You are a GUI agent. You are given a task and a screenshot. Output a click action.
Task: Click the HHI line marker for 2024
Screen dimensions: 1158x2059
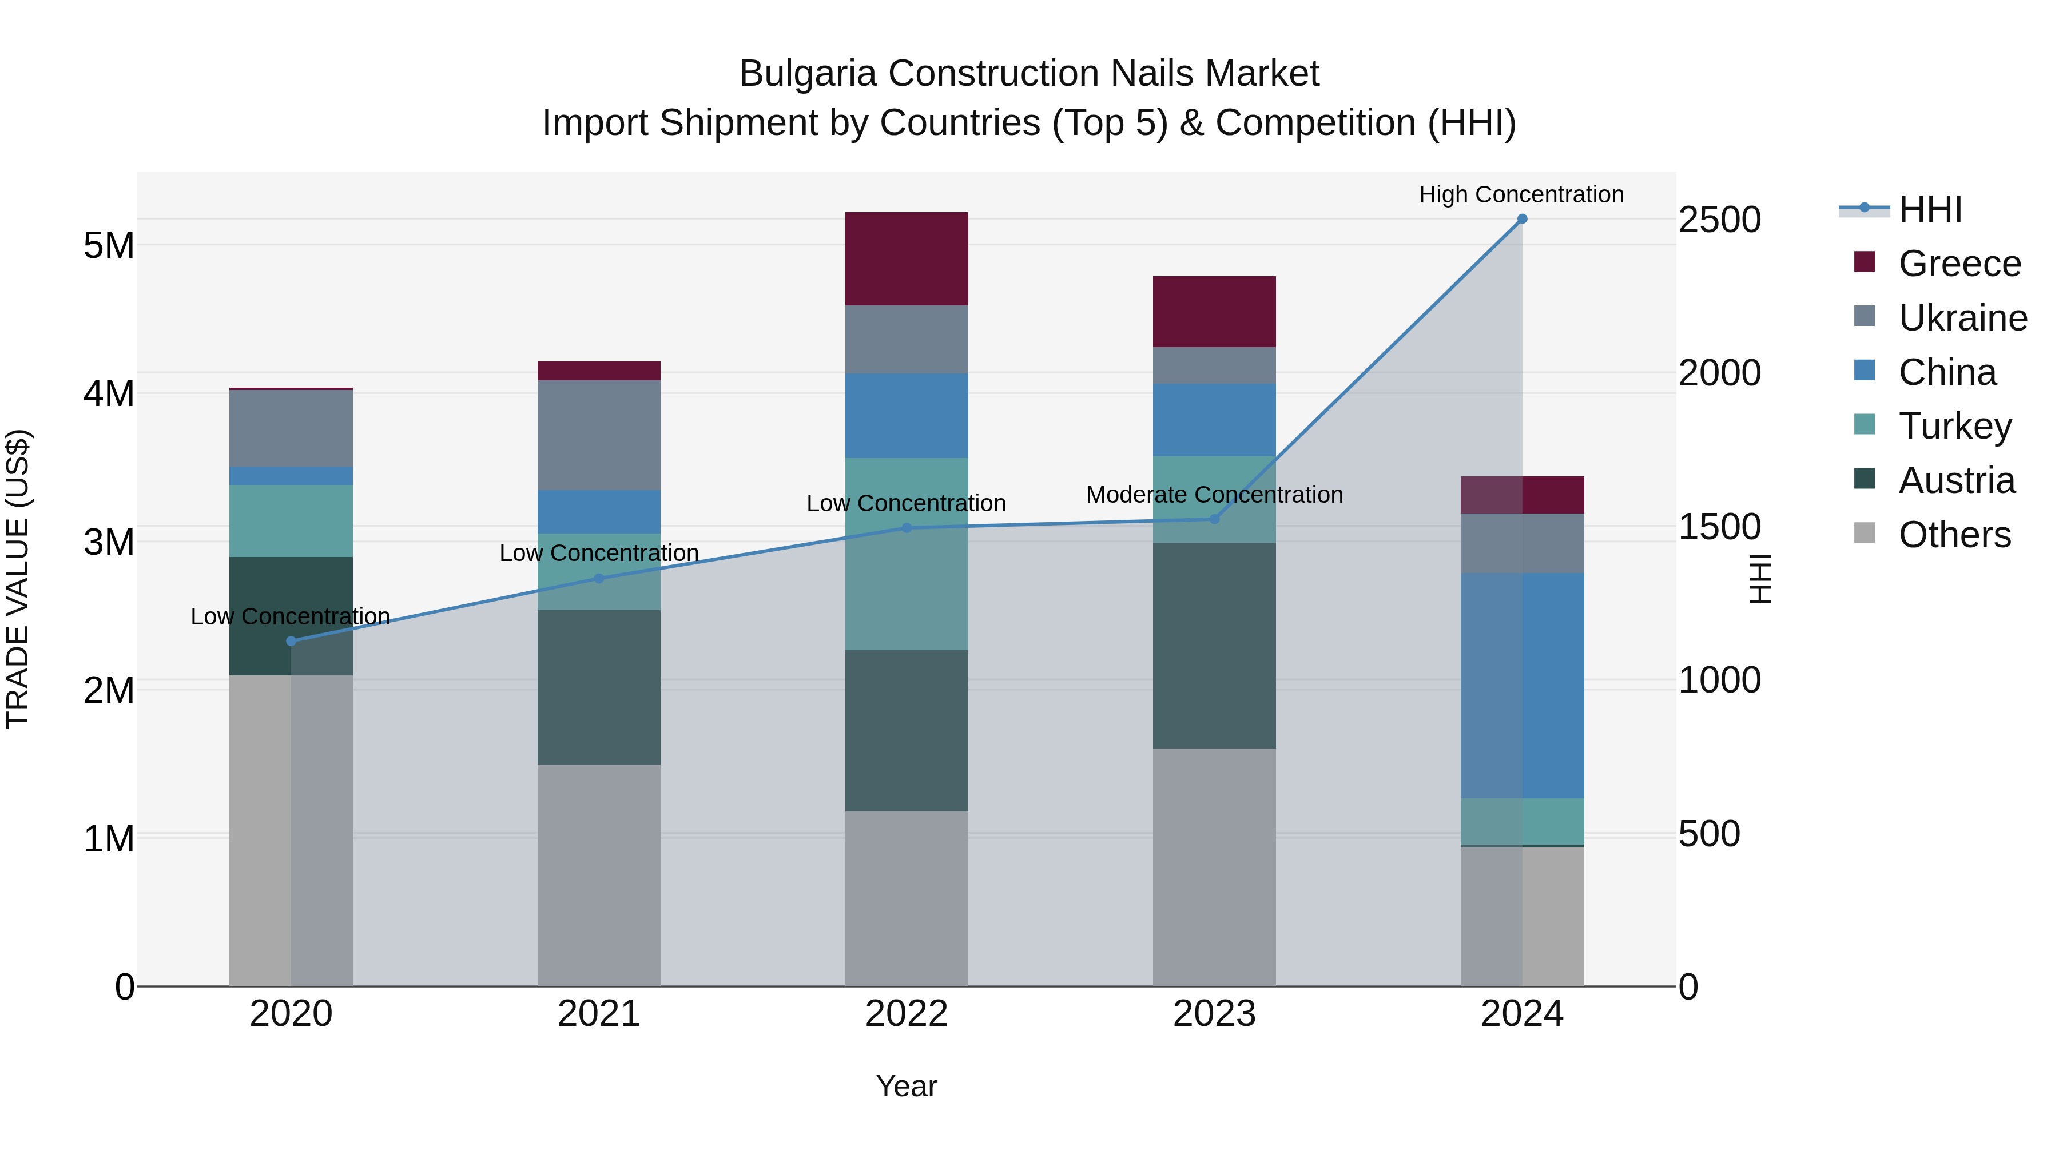pyautogui.click(x=1522, y=219)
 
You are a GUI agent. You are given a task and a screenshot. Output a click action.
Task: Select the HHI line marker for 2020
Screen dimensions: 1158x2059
pyautogui.click(x=291, y=641)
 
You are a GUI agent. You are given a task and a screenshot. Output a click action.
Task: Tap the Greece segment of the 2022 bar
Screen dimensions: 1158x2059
pyautogui.click(x=907, y=259)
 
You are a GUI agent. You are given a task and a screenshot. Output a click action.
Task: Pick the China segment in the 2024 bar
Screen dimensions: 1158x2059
pyautogui.click(x=1522, y=685)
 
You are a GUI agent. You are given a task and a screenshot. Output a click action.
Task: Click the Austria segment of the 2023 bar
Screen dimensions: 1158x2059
pyautogui.click(x=1214, y=646)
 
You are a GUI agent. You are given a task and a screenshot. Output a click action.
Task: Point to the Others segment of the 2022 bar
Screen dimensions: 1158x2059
pyautogui.click(x=907, y=898)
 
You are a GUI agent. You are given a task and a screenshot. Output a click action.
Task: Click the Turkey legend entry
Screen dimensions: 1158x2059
pyautogui.click(x=1954, y=426)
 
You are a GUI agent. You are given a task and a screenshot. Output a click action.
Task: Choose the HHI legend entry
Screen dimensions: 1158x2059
pyautogui.click(x=1930, y=209)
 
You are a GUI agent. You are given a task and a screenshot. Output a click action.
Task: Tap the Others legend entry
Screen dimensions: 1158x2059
pyautogui.click(x=1954, y=535)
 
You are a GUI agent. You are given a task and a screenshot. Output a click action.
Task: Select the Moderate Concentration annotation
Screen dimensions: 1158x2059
pyautogui.click(x=1214, y=495)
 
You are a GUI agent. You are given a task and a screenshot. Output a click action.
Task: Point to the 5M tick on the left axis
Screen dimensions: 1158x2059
pyautogui.click(x=109, y=245)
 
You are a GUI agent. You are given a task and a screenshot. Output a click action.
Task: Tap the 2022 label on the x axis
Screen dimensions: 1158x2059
pyautogui.click(x=907, y=1014)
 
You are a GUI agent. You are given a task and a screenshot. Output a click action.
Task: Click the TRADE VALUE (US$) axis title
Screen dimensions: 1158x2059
pyautogui.click(x=18, y=579)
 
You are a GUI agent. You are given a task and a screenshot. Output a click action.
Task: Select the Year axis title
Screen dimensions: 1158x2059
pyautogui.click(x=907, y=1086)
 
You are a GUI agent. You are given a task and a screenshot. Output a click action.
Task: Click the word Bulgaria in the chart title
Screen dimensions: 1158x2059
pyautogui.click(x=808, y=74)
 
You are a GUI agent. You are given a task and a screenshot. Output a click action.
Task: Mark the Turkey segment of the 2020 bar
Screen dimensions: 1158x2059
pyautogui.click(x=291, y=520)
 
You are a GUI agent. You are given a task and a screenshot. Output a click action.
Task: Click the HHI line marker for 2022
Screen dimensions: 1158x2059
pyautogui.click(x=907, y=527)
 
